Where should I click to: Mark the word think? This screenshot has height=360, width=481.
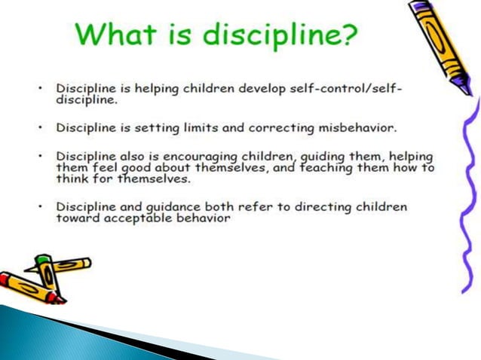tap(71, 180)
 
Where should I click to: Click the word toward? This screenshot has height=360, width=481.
tap(75, 218)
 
